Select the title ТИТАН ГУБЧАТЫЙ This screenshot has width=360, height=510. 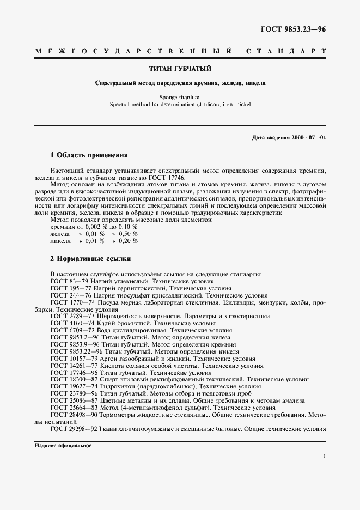point(180,69)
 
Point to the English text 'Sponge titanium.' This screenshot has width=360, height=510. point(180,96)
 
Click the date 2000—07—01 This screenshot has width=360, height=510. point(308,137)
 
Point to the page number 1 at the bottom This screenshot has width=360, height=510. point(324,457)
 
